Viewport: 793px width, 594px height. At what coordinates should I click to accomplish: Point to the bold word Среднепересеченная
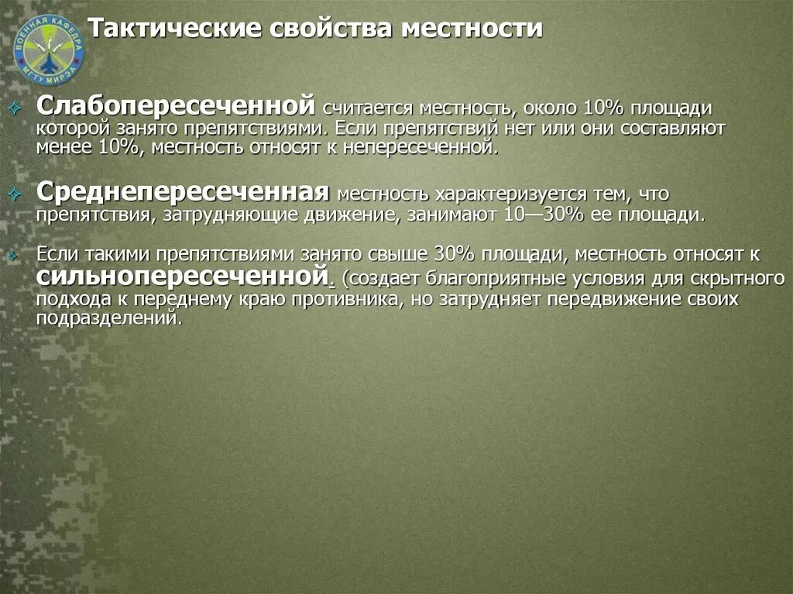pyautogui.click(x=184, y=191)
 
